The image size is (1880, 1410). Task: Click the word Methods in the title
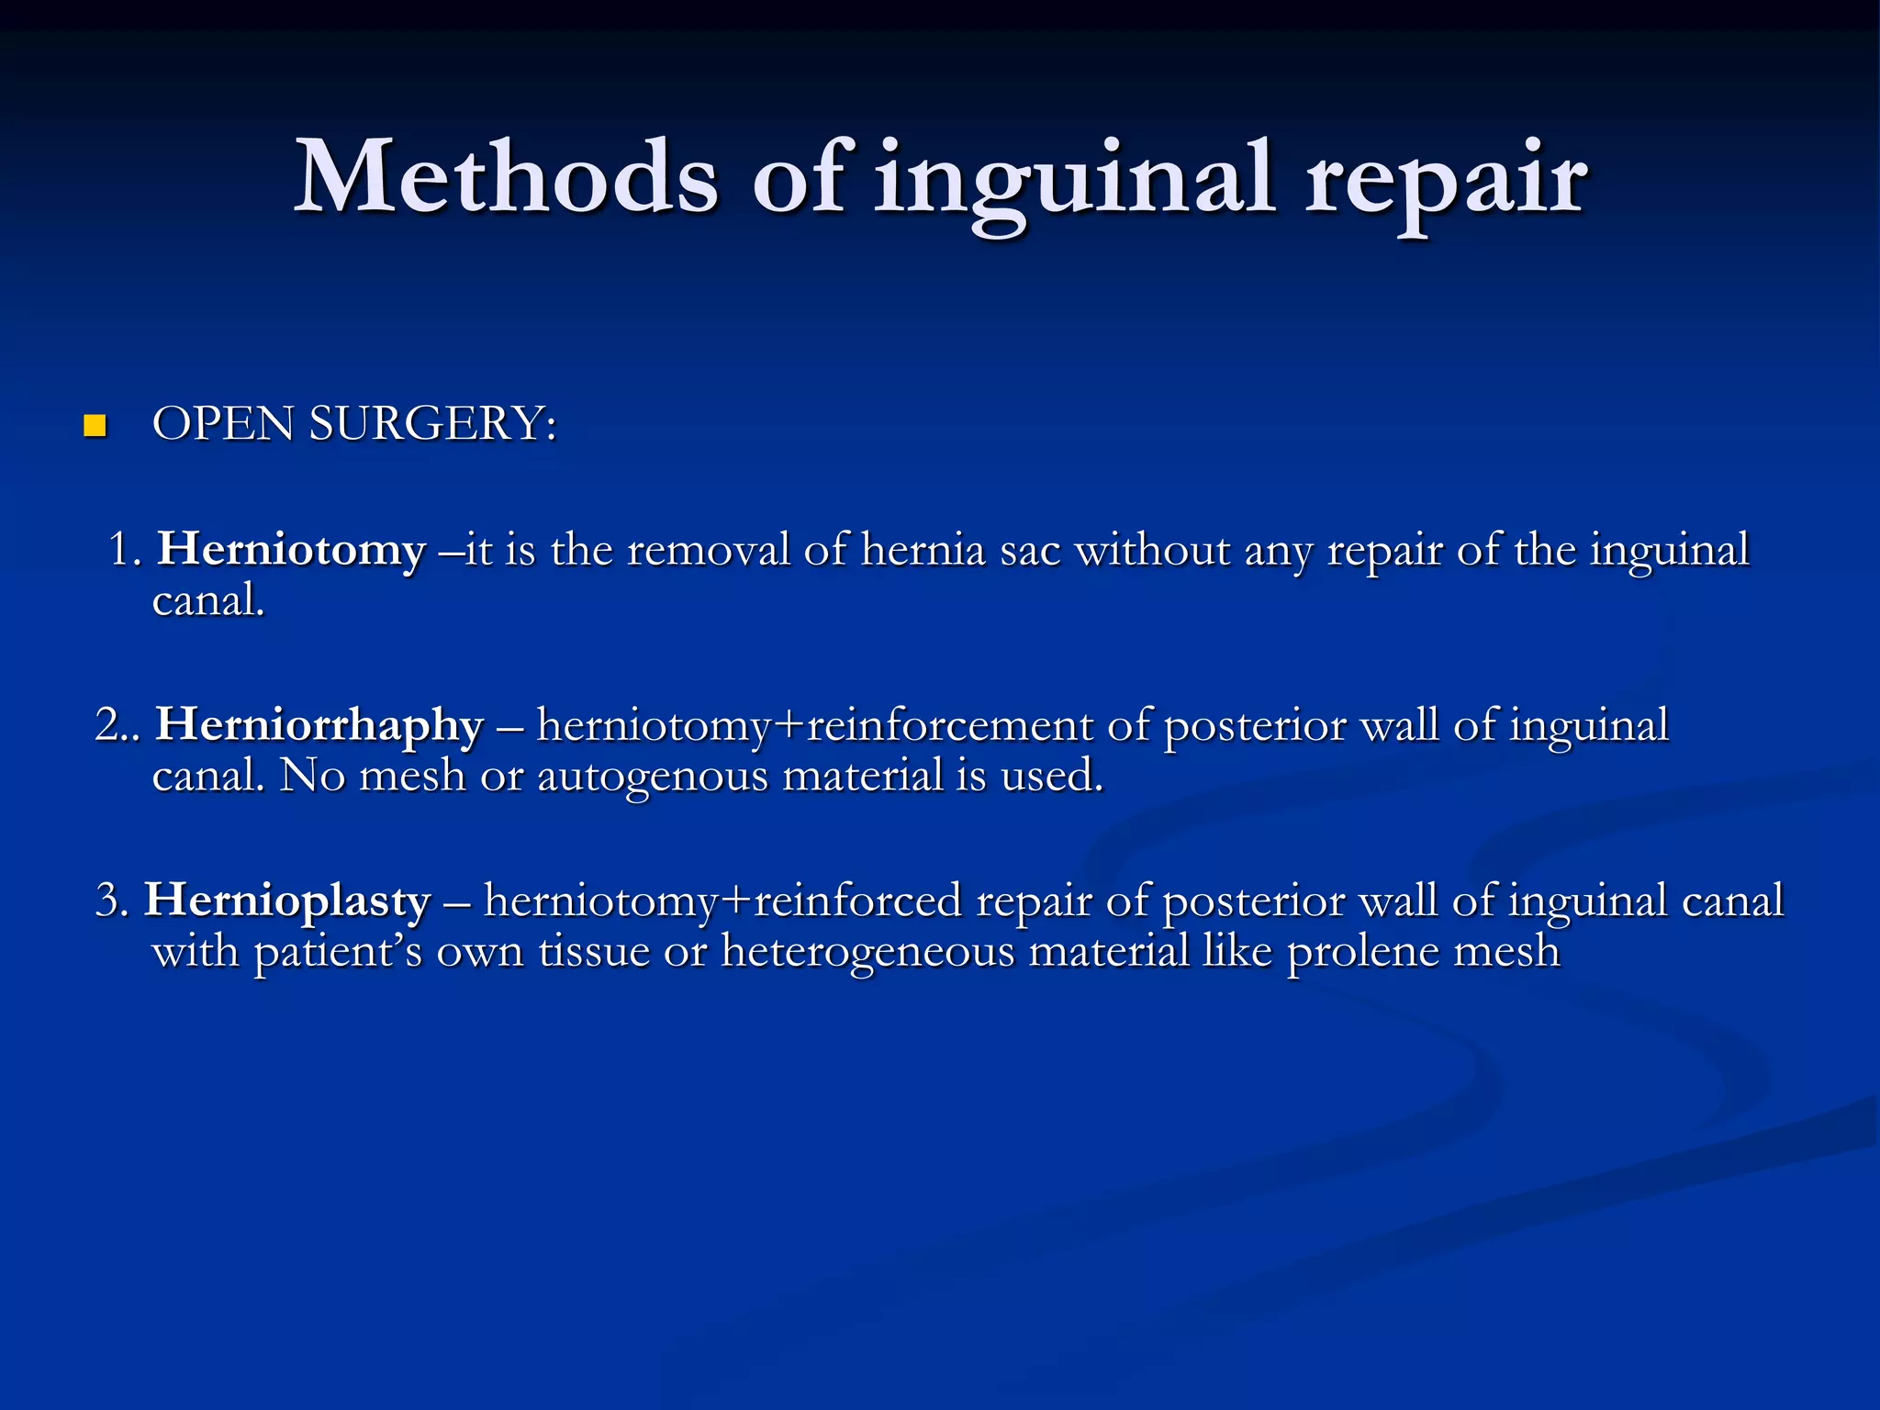pyautogui.click(x=506, y=177)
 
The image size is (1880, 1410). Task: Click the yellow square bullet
pyautogui.click(x=95, y=426)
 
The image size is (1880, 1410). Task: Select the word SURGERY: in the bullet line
pyautogui.click(x=432, y=424)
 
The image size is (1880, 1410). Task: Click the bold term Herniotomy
pyautogui.click(x=292, y=551)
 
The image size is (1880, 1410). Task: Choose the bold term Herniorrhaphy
pyautogui.click(x=319, y=725)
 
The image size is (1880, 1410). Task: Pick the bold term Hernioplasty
pyautogui.click(x=288, y=901)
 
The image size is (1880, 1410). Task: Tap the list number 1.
pyautogui.click(x=123, y=551)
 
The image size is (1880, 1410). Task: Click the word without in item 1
pyautogui.click(x=1152, y=551)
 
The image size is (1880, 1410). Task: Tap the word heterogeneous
pyautogui.click(x=867, y=951)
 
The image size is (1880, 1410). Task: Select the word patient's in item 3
pyautogui.click(x=338, y=951)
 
